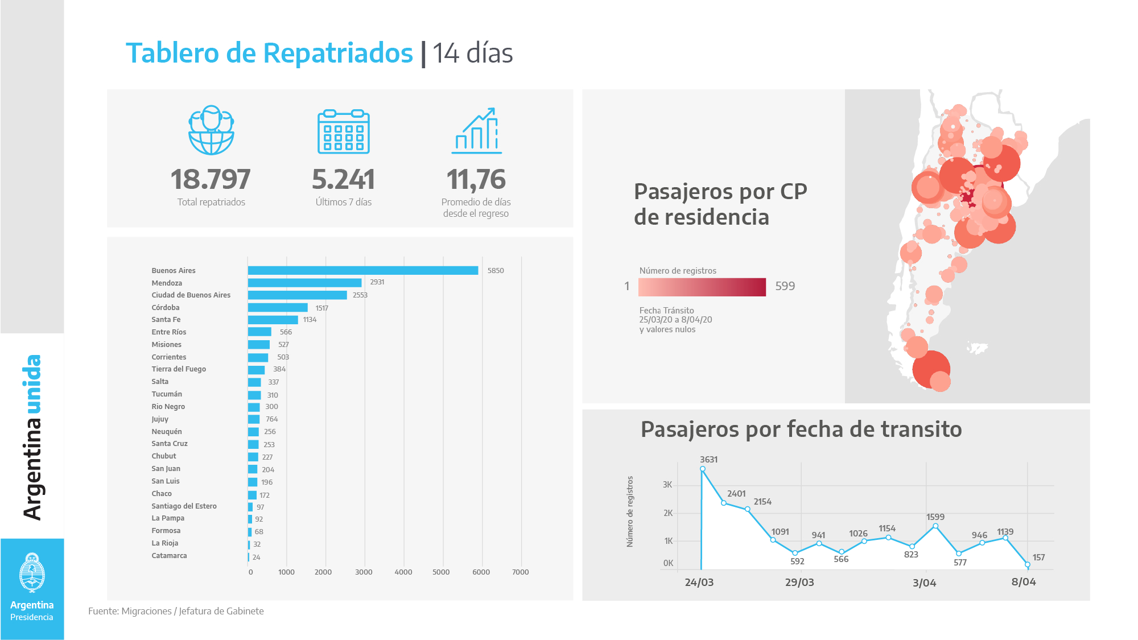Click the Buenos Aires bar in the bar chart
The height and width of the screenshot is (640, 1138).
coord(362,271)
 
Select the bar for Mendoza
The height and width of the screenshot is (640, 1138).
coord(304,283)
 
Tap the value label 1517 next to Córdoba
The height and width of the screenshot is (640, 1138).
coord(321,308)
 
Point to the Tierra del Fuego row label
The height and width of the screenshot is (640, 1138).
coord(179,369)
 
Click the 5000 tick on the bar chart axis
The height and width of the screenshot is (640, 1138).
coord(441,572)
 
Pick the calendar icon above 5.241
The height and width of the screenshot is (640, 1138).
coord(343,131)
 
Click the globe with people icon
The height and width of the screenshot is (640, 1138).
coord(211,130)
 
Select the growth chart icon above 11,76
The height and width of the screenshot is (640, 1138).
coord(477,131)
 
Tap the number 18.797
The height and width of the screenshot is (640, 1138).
coord(211,179)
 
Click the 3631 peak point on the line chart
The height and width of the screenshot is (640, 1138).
coord(703,469)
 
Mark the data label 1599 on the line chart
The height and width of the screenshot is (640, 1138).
coord(935,517)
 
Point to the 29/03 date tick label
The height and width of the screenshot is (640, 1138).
coord(799,583)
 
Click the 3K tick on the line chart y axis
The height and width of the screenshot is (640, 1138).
coord(667,485)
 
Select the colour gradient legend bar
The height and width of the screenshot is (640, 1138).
coord(702,287)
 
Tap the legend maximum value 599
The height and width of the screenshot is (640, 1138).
coord(785,286)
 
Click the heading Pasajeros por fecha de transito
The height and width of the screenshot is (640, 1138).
coord(801,430)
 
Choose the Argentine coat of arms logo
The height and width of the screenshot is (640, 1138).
coord(32,573)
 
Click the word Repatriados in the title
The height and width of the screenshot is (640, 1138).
coord(338,53)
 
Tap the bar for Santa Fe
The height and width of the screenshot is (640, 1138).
coord(273,320)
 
